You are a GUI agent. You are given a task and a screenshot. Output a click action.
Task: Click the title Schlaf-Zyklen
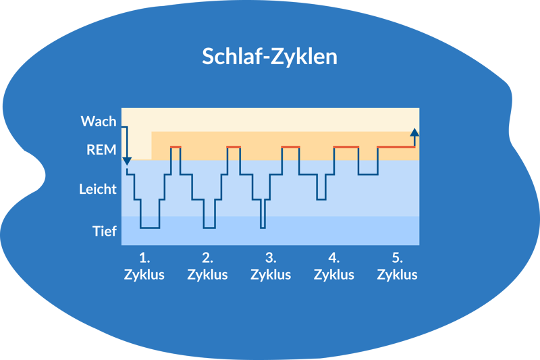click(x=269, y=57)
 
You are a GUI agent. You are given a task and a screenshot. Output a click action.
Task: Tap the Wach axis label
click(x=99, y=122)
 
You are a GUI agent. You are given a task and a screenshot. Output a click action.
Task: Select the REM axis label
click(x=101, y=150)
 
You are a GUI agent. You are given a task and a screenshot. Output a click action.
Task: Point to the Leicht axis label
click(x=98, y=189)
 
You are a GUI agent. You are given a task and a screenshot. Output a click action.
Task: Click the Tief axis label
click(x=105, y=231)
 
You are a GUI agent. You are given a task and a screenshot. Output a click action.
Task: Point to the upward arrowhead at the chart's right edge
click(x=414, y=131)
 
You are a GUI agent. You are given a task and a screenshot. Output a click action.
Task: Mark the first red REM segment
click(x=175, y=147)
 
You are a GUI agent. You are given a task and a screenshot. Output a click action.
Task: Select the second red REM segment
click(x=234, y=147)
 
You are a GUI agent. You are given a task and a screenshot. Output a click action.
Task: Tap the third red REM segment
click(x=290, y=147)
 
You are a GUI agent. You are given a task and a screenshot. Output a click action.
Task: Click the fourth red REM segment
click(x=346, y=147)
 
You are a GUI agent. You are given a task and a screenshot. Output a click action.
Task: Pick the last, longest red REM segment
click(x=396, y=147)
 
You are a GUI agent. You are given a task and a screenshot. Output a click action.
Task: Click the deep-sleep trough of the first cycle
click(x=150, y=228)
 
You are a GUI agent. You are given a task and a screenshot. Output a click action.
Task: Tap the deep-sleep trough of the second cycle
click(x=209, y=228)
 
